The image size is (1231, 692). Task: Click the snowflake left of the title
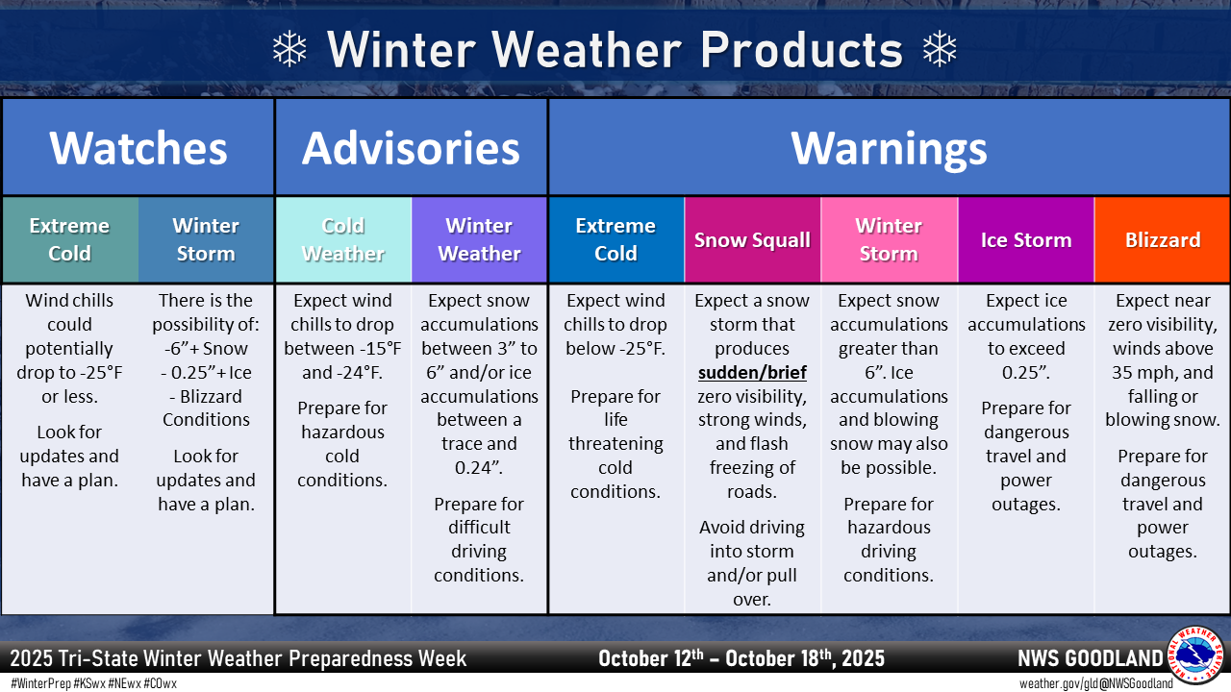[289, 49]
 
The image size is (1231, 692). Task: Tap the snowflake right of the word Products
[940, 49]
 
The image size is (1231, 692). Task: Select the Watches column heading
[138, 148]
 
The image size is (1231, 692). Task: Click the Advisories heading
[411, 148]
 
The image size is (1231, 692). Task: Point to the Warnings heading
[889, 149]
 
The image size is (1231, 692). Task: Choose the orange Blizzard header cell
[1163, 239]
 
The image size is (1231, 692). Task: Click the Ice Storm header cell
[1026, 239]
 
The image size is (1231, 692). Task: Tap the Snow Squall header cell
[752, 239]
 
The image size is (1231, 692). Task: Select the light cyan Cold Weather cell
[343, 239]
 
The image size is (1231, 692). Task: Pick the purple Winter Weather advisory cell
[479, 239]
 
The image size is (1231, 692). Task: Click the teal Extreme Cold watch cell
[70, 239]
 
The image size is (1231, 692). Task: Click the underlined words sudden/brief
[752, 373]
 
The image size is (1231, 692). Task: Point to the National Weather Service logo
[1196, 655]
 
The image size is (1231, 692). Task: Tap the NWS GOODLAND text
[1091, 658]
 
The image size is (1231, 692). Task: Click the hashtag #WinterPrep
[41, 683]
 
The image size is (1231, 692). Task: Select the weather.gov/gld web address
[1051, 683]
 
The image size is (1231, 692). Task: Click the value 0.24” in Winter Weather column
[479, 467]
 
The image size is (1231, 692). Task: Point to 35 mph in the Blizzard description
[1145, 373]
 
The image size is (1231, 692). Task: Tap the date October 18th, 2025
[805, 658]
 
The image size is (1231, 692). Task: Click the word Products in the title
[802, 49]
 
